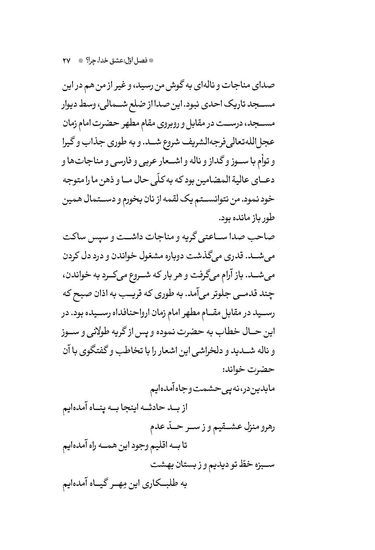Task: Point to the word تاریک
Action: (234, 104)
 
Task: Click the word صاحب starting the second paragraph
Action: (263, 237)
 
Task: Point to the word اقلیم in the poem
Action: (160, 446)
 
